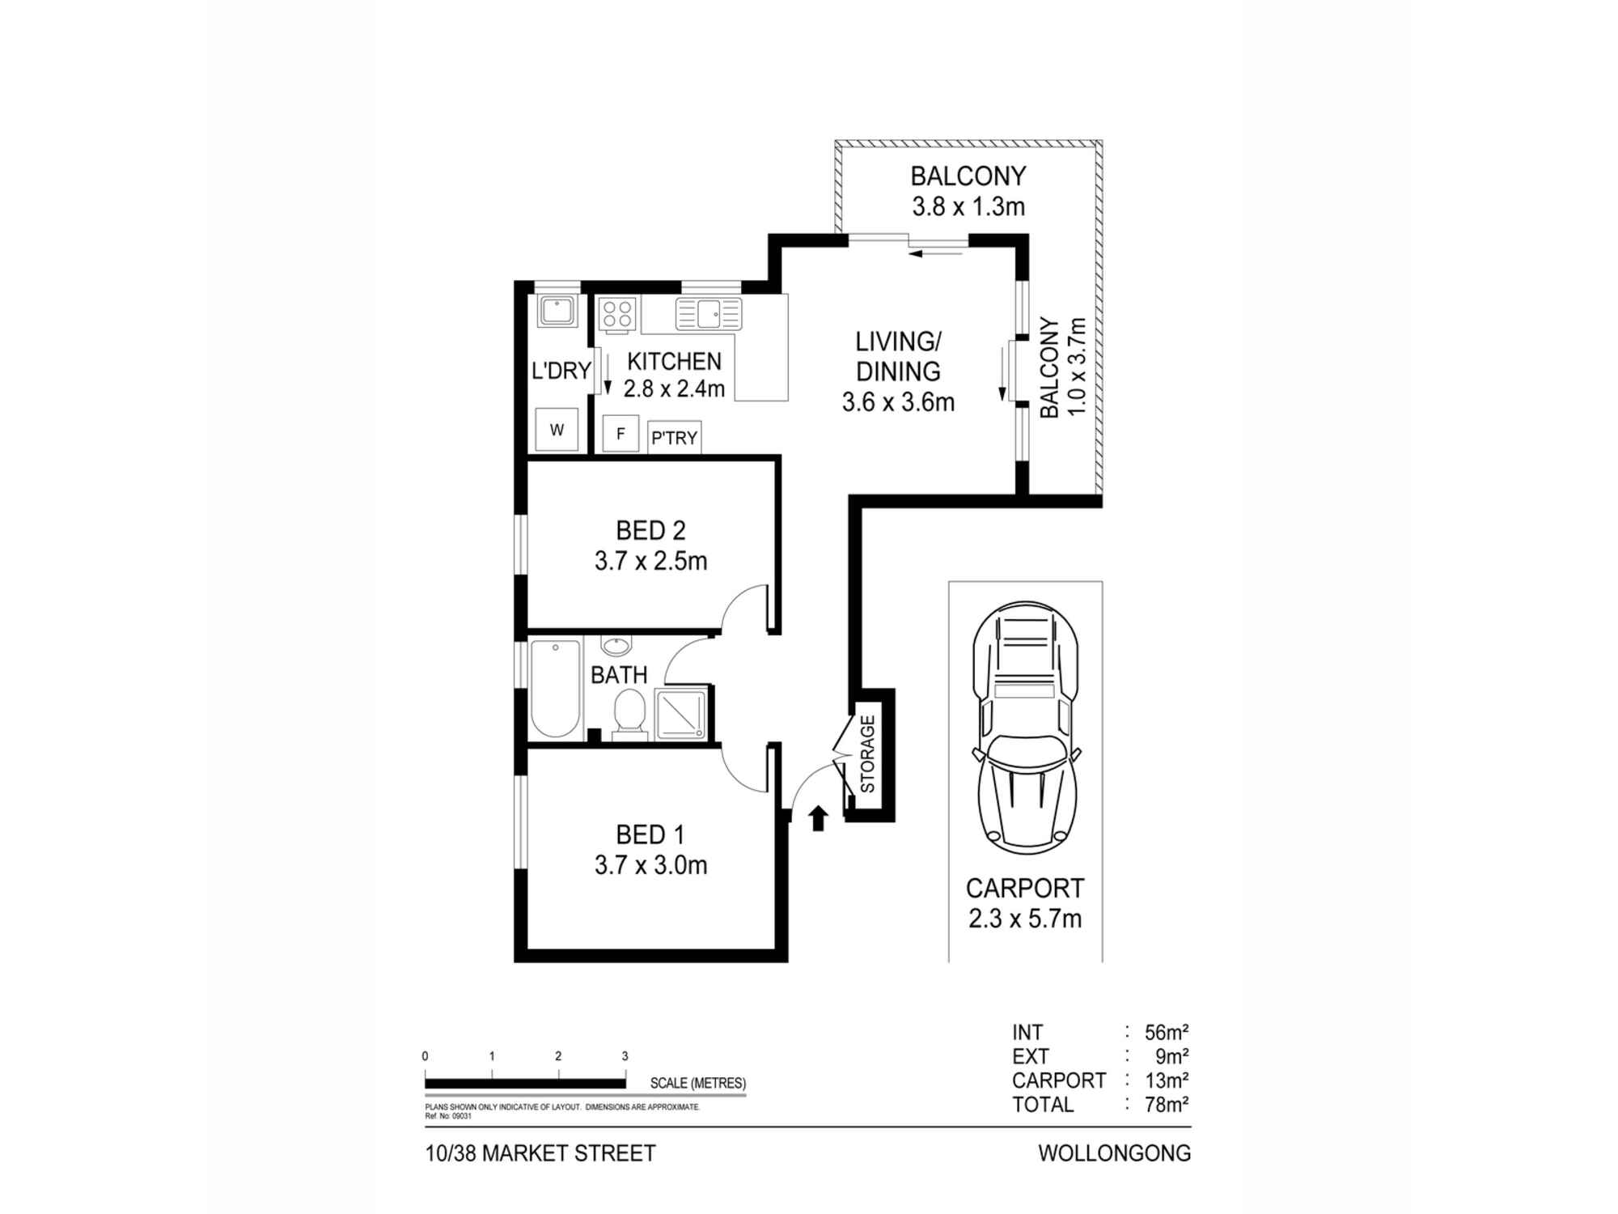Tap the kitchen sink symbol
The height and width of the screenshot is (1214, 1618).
pos(709,314)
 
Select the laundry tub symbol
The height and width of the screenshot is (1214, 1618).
pos(557,312)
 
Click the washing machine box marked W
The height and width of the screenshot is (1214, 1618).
pos(557,430)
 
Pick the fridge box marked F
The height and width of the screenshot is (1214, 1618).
pos(621,434)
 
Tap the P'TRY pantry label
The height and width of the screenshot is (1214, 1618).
pos(674,438)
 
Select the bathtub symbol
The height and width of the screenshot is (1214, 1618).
pos(556,688)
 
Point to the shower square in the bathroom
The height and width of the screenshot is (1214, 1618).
pos(681,713)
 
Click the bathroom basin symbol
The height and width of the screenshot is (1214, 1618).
pos(616,647)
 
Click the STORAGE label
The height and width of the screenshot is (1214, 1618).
pos(867,753)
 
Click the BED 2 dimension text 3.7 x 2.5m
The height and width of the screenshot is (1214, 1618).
pos(650,561)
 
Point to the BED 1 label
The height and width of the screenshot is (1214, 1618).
pos(650,834)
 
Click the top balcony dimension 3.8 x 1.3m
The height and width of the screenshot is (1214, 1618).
pos(968,206)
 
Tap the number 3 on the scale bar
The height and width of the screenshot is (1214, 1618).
pos(625,1056)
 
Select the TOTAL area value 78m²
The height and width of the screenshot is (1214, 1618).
pos(1166,1105)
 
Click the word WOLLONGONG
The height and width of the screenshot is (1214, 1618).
pos(1114,1153)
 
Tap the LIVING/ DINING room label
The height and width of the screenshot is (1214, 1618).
pos(898,356)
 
